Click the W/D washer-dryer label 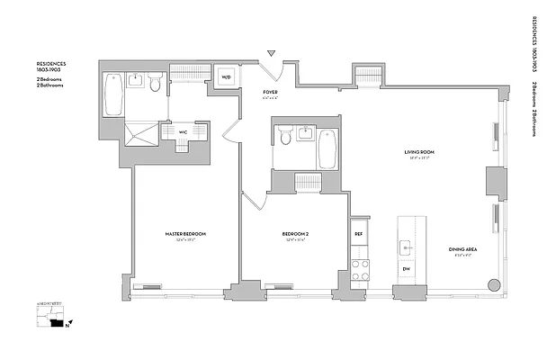coord(226,78)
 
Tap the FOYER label coord(269,93)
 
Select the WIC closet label coord(183,131)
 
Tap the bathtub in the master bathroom coord(113,91)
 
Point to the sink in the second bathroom coord(304,136)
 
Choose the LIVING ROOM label coord(419,153)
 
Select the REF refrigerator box coord(359,234)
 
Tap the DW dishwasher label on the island coord(406,269)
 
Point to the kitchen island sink coord(406,244)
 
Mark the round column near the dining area coord(493,285)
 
